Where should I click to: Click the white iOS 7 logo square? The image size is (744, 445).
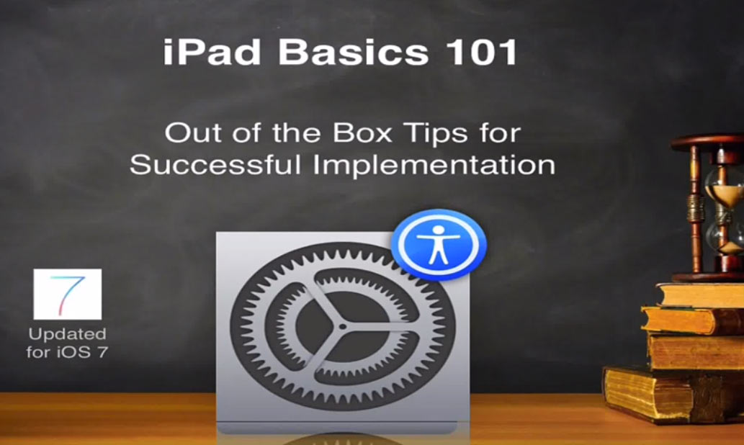click(x=68, y=294)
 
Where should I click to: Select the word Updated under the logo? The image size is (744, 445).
click(x=68, y=334)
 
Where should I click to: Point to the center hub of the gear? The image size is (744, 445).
click(x=343, y=325)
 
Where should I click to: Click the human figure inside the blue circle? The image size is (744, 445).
click(x=438, y=244)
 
